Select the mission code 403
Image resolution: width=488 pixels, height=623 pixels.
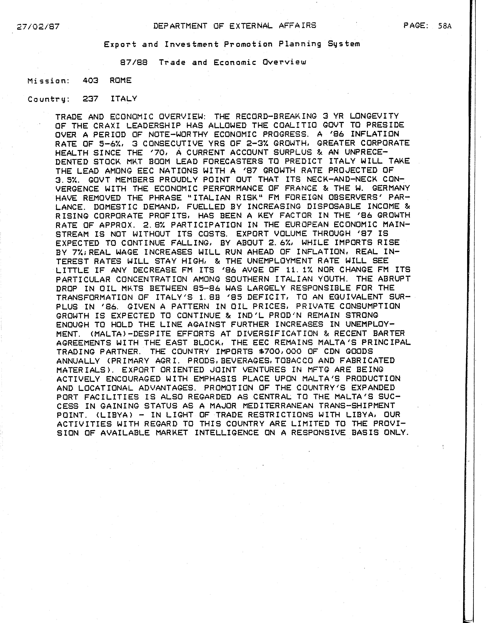[90, 81]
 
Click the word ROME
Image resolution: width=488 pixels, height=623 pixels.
[121, 81]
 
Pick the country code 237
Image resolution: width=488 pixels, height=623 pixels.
[90, 99]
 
